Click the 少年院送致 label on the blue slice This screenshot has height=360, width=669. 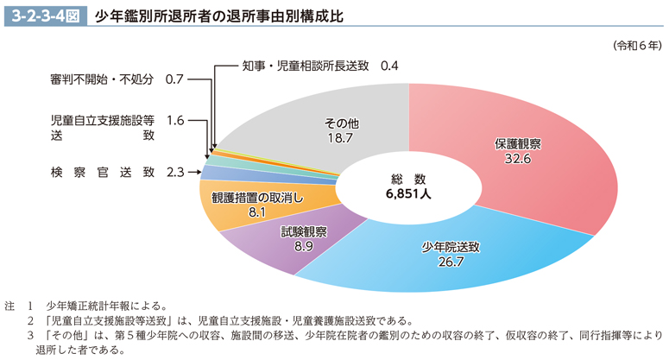[x=451, y=246]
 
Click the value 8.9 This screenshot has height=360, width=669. [x=304, y=247]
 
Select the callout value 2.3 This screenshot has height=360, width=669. [x=175, y=173]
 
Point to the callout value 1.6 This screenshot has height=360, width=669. [x=175, y=120]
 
